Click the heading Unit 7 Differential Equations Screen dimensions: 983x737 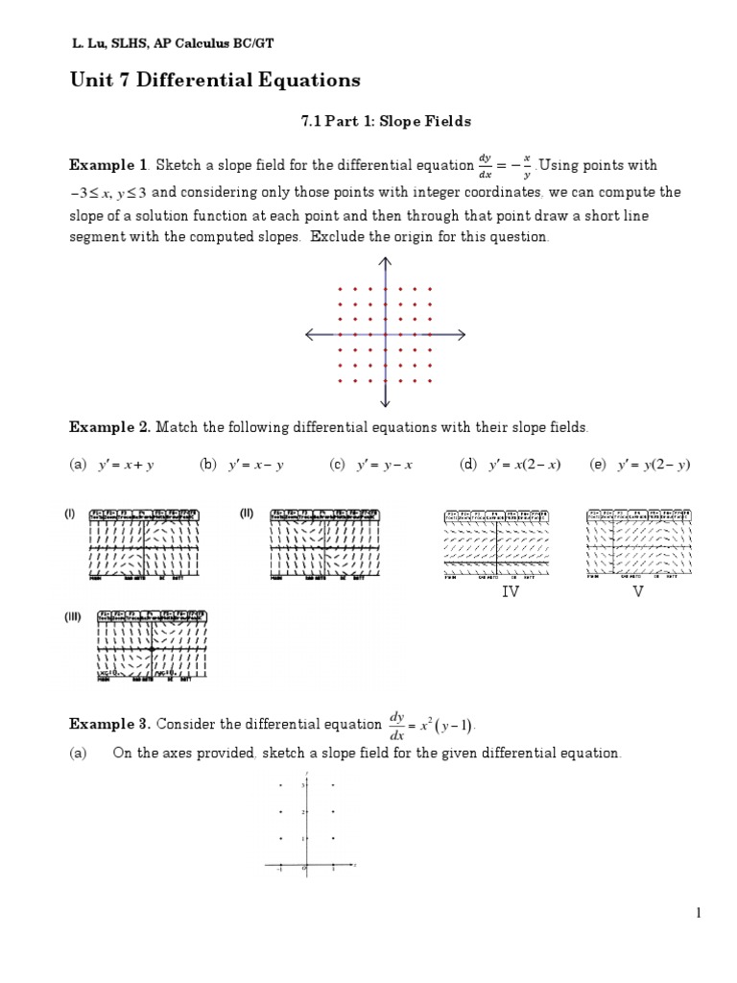pyautogui.click(x=216, y=80)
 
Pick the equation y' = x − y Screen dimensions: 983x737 pyautogui.click(x=251, y=465)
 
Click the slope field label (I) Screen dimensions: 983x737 pyautogui.click(x=70, y=514)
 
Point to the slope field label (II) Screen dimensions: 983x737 pyautogui.click(x=247, y=514)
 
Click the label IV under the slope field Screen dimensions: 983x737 pyautogui.click(x=511, y=592)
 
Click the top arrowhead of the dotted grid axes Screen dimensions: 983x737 pyautogui.click(x=385, y=261)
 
